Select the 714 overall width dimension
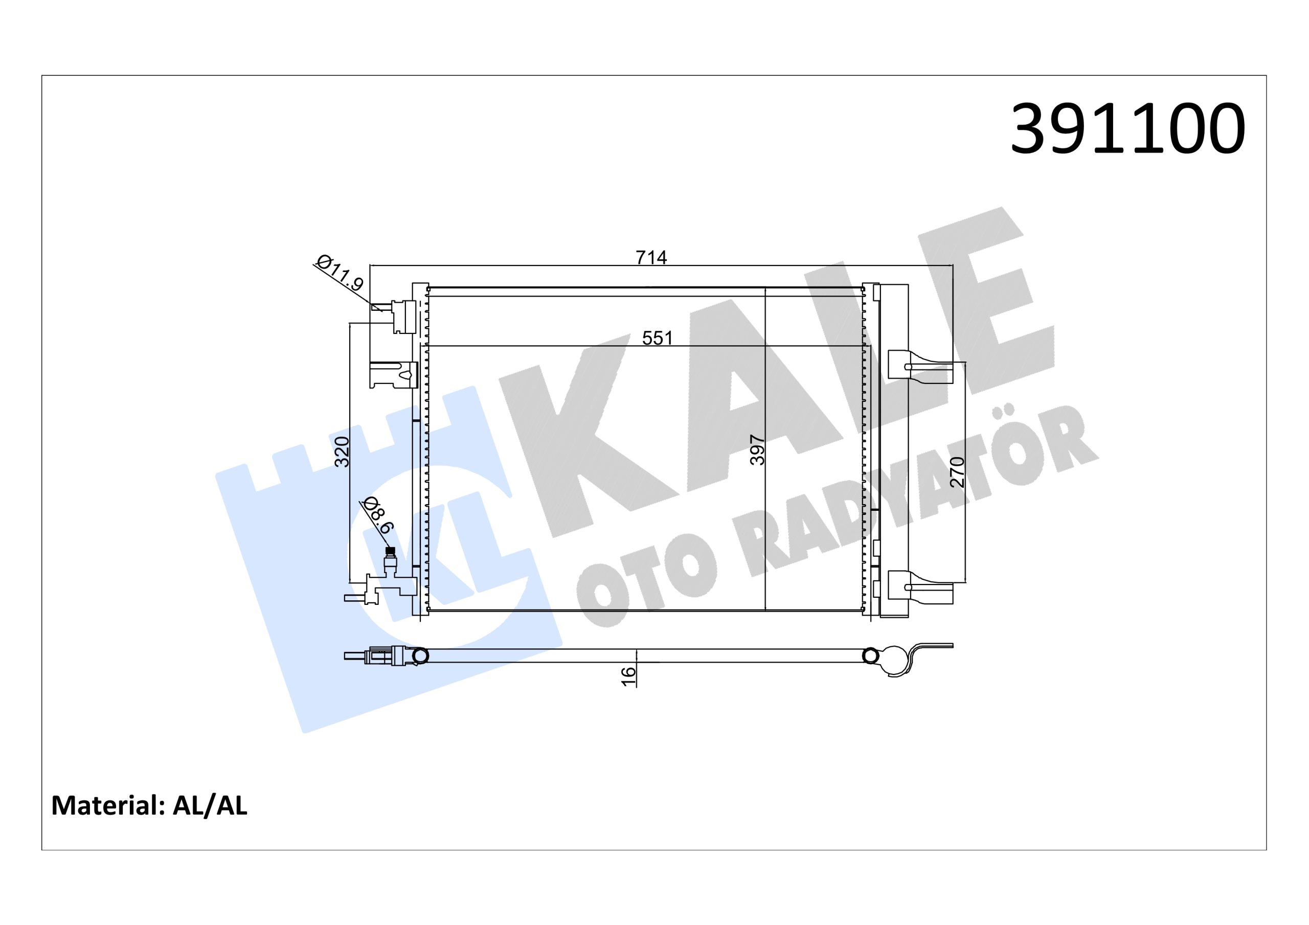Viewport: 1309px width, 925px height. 651,258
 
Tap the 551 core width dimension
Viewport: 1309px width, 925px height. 658,338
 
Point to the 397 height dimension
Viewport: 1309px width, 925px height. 757,450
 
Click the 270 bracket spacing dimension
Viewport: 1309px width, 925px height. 958,471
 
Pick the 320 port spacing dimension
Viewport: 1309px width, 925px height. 342,452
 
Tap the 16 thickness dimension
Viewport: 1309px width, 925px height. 628,676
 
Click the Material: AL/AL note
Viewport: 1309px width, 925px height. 149,805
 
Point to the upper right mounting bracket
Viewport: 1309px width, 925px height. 919,366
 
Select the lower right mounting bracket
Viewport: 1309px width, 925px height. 919,587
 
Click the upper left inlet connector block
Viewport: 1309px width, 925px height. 403,317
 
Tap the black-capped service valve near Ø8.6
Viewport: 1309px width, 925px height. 390,551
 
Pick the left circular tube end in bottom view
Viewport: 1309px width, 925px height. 420,657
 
